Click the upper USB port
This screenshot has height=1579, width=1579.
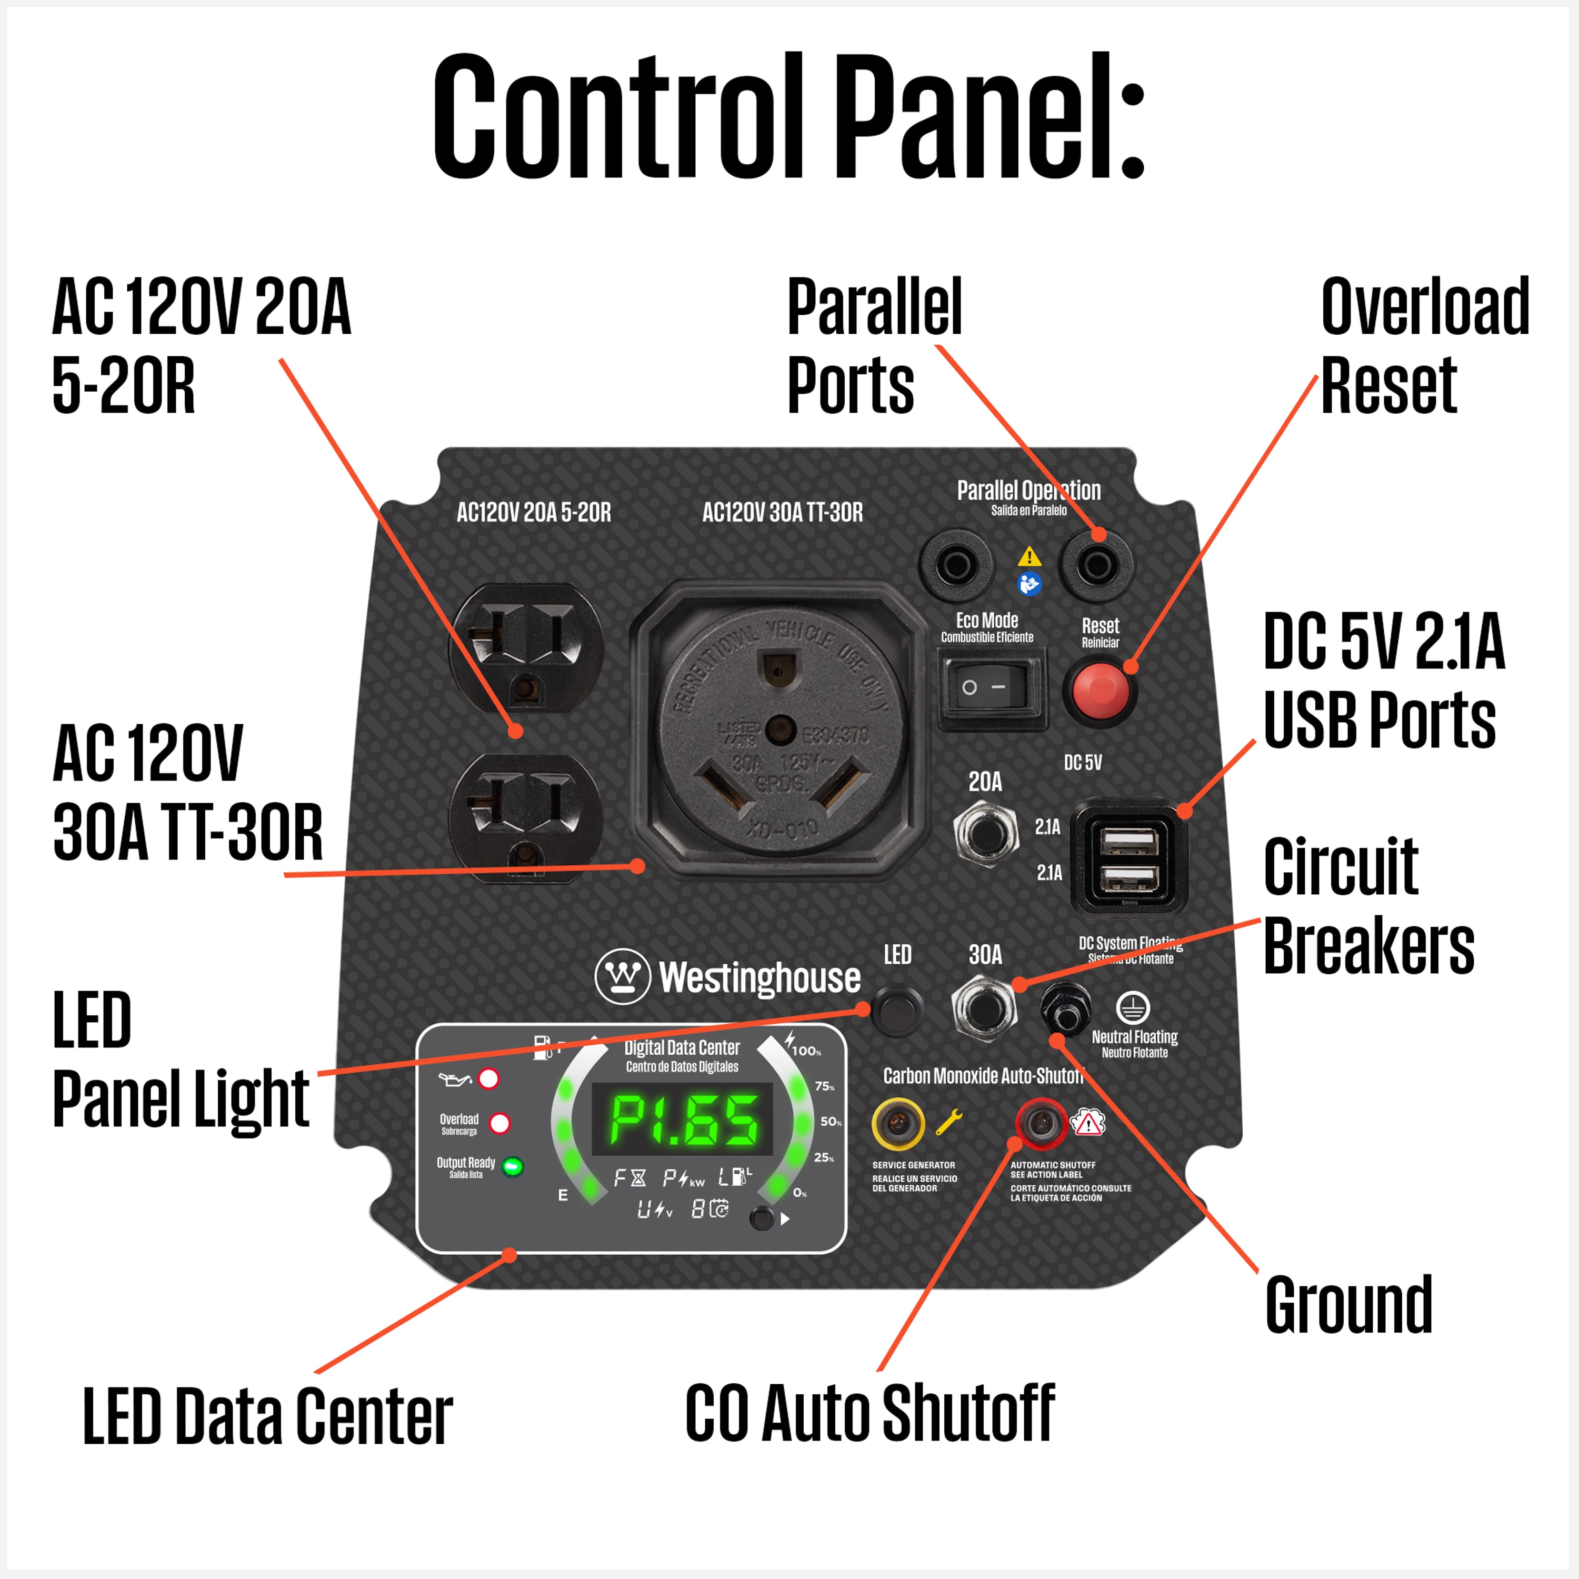coord(1128,842)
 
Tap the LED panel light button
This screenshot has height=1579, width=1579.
coord(896,1010)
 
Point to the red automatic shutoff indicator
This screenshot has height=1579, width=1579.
coord(1041,1124)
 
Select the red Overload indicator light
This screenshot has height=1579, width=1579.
coord(499,1124)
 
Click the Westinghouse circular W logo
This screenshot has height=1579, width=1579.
coord(623,976)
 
